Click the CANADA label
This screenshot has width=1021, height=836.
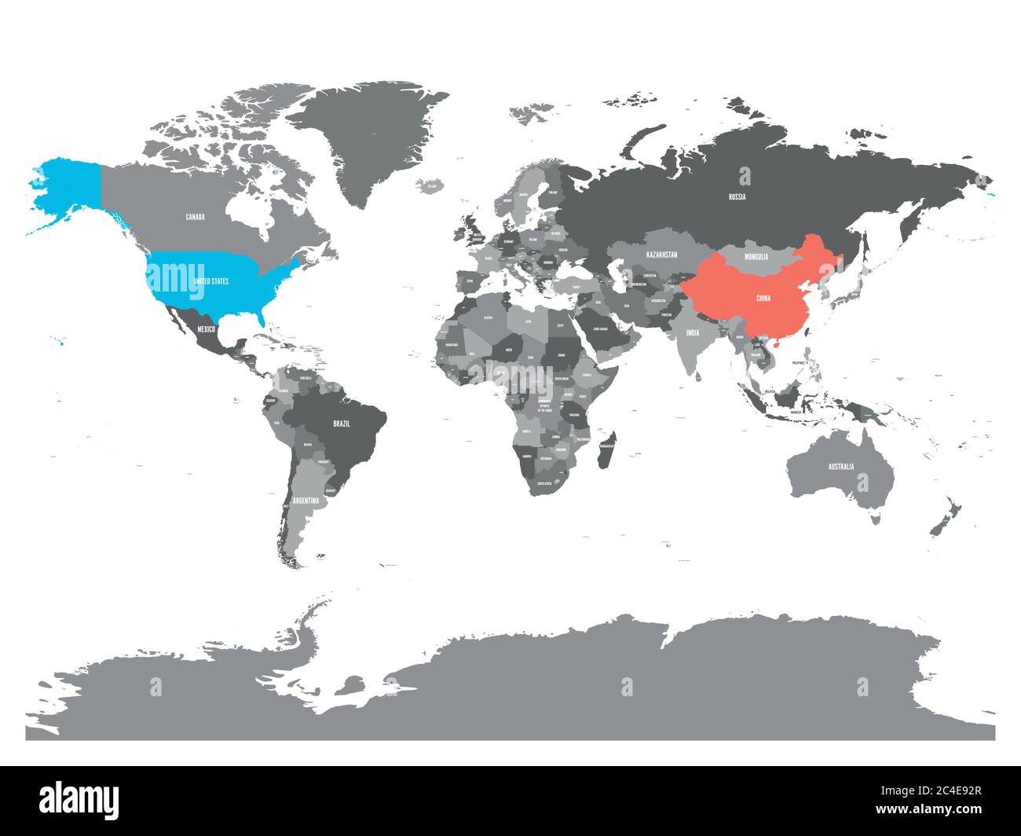pyautogui.click(x=195, y=217)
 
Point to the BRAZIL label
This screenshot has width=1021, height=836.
pyautogui.click(x=342, y=423)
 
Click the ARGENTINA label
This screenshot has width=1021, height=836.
pyautogui.click(x=306, y=500)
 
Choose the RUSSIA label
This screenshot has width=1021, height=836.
pyautogui.click(x=737, y=196)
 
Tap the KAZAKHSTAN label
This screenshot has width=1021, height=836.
pyautogui.click(x=661, y=255)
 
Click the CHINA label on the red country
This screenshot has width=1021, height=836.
pyautogui.click(x=763, y=299)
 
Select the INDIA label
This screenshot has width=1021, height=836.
pyautogui.click(x=692, y=333)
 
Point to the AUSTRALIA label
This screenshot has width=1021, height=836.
pyautogui.click(x=840, y=467)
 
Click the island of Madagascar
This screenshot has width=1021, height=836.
pyautogui.click(x=606, y=449)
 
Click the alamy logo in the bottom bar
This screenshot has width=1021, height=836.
pyautogui.click(x=79, y=799)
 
